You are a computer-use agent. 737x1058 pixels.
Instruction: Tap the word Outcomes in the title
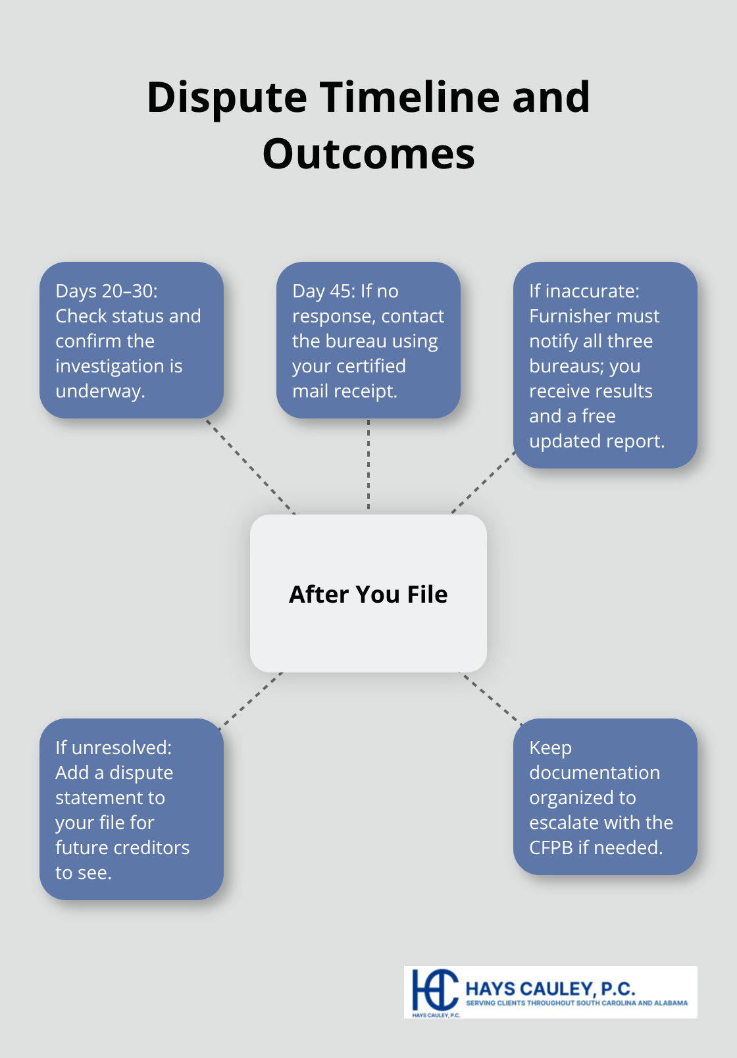tap(368, 154)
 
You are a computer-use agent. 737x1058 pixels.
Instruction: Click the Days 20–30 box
tap(132, 340)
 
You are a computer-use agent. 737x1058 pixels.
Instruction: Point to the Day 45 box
tap(368, 340)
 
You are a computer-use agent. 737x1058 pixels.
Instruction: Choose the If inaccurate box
tap(605, 365)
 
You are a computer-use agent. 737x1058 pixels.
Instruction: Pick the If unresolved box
tap(132, 809)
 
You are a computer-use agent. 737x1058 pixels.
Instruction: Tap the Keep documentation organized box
tap(605, 797)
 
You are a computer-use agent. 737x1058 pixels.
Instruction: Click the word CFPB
tap(551, 847)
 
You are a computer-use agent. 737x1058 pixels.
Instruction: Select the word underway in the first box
tap(99, 391)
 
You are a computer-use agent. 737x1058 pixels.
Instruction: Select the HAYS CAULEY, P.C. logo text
tap(550, 988)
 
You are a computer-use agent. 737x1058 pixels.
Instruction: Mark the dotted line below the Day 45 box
tap(368, 466)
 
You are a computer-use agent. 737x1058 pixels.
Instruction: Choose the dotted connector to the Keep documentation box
tap(490, 699)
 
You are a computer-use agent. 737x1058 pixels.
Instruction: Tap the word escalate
tap(561, 822)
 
